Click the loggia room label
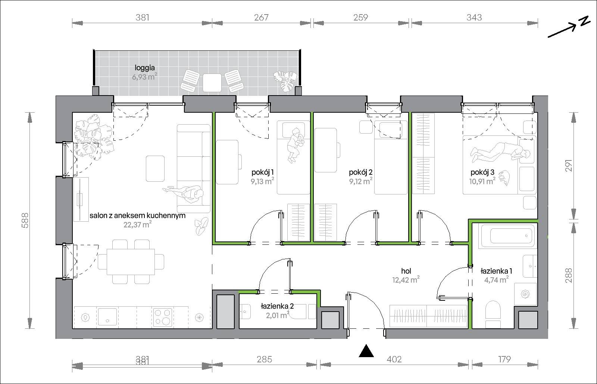(144, 68)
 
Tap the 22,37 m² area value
(137, 224)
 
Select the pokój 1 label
(263, 172)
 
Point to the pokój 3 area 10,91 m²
(482, 181)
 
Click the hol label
(406, 271)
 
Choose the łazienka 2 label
(277, 306)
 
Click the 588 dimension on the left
(25, 221)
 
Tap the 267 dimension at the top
(261, 18)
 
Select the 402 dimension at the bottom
(394, 359)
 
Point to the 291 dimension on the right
(569, 165)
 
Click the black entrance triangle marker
(366, 351)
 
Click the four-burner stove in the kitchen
(163, 317)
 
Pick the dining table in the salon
(131, 262)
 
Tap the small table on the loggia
(212, 82)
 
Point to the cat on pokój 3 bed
(504, 178)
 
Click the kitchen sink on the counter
(107, 317)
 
